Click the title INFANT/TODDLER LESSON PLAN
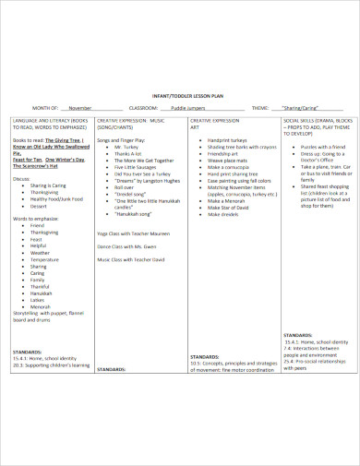180,95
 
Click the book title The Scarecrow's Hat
37,166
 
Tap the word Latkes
38,299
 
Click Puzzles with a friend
323,147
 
